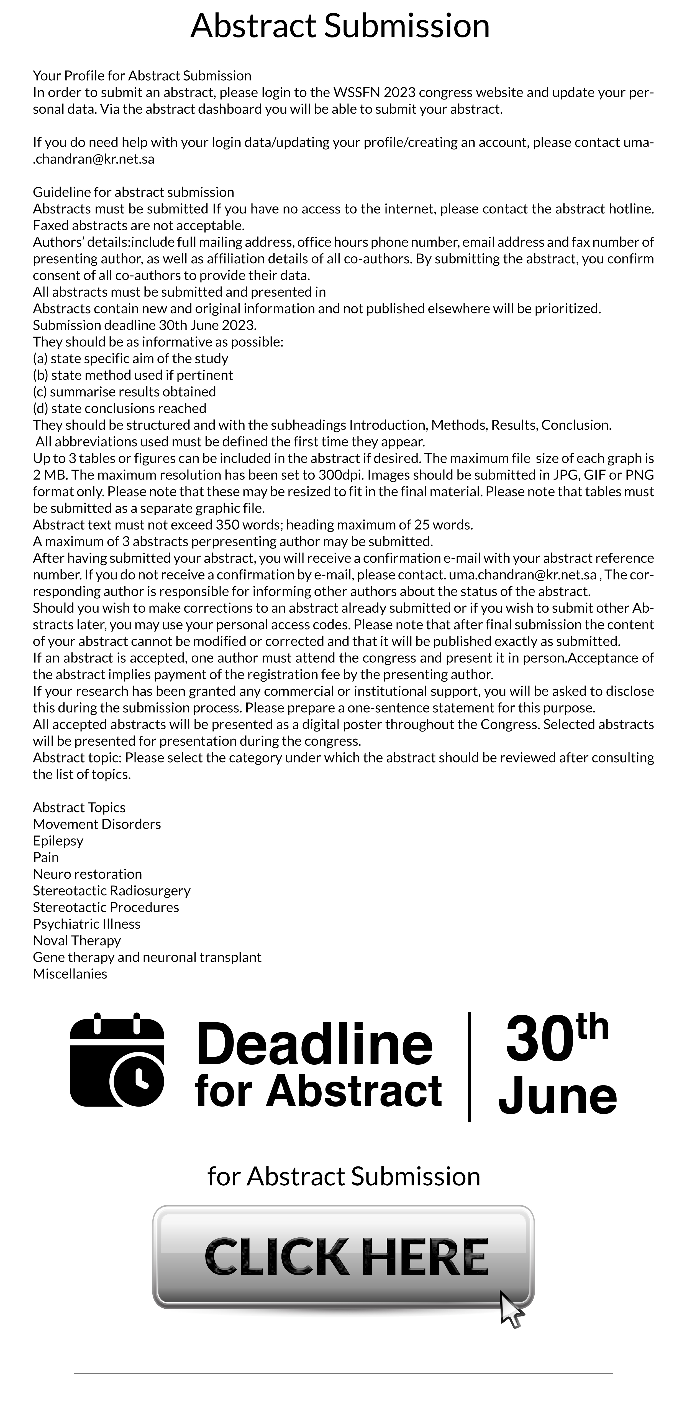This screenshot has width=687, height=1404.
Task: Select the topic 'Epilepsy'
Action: pos(58,840)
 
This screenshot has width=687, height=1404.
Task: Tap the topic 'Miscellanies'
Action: pos(70,974)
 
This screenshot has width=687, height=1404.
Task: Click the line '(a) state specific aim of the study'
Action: pos(130,358)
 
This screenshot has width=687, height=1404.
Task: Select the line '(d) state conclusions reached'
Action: pos(119,408)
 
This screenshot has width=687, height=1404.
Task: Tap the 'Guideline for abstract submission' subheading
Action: pos(133,192)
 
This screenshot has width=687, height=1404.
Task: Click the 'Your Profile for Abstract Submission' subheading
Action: pos(142,75)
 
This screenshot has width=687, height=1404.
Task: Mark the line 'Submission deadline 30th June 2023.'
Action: pos(144,325)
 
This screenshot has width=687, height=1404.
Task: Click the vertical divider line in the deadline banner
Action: pos(469,1066)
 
